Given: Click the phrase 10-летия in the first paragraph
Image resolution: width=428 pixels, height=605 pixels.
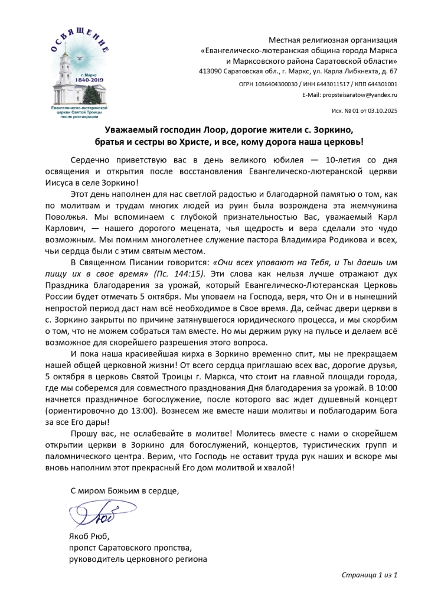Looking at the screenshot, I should (351, 160).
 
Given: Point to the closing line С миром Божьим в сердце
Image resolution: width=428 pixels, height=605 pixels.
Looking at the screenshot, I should (125, 490).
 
